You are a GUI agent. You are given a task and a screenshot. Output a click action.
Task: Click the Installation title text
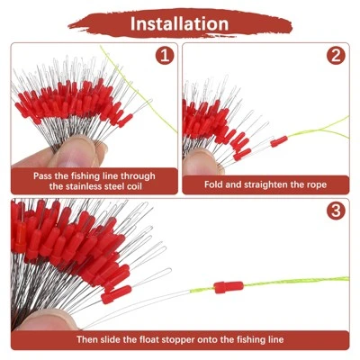[179, 24]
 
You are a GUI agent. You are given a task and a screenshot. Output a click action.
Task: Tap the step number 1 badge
[165, 55]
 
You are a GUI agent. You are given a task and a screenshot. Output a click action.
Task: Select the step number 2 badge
[336, 55]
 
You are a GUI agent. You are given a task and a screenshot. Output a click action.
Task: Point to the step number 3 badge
[336, 211]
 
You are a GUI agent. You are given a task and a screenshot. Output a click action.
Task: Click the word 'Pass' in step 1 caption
[42, 175]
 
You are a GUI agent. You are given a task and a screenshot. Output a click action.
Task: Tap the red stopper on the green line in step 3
[229, 287]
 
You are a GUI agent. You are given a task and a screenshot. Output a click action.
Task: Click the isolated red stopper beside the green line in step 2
[279, 141]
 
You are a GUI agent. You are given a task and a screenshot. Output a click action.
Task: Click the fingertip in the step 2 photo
[201, 163]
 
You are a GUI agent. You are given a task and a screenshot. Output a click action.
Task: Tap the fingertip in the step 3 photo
[48, 320]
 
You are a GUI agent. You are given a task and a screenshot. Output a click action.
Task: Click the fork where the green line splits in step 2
[321, 130]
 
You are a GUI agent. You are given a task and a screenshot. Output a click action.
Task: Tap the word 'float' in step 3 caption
[150, 339]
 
